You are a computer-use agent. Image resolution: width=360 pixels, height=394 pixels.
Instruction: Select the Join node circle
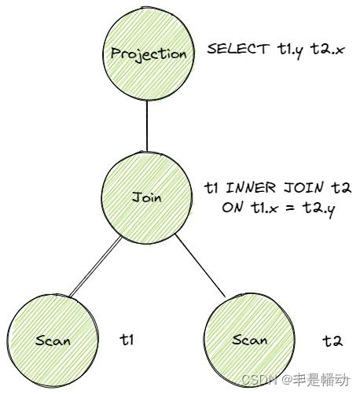coord(148,197)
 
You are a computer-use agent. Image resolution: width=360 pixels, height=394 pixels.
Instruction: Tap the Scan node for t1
coord(53,341)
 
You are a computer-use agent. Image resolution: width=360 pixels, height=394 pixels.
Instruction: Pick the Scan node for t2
coord(250,341)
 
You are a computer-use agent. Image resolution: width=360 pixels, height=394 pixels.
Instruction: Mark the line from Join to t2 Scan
coord(207,268)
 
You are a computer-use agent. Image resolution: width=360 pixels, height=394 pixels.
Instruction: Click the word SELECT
coord(233,49)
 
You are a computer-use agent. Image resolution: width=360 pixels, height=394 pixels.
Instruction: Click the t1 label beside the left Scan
coord(127,340)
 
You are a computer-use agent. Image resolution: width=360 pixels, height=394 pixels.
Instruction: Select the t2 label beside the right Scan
coord(332,341)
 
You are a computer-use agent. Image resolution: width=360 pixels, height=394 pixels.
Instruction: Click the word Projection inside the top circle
coord(148,54)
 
